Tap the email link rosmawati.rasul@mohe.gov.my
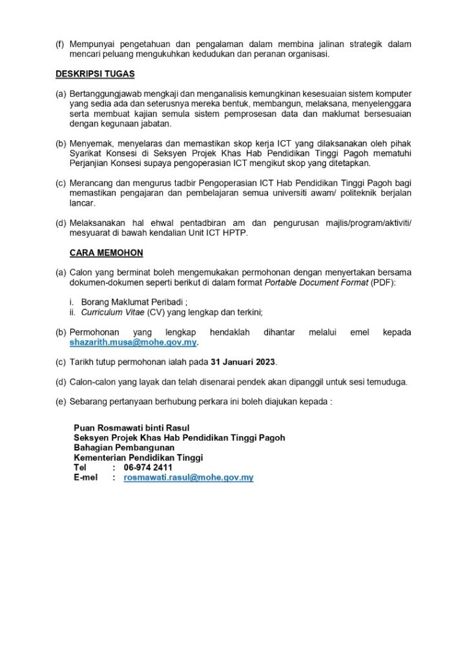[x=188, y=478]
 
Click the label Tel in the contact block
[x=80, y=467]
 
